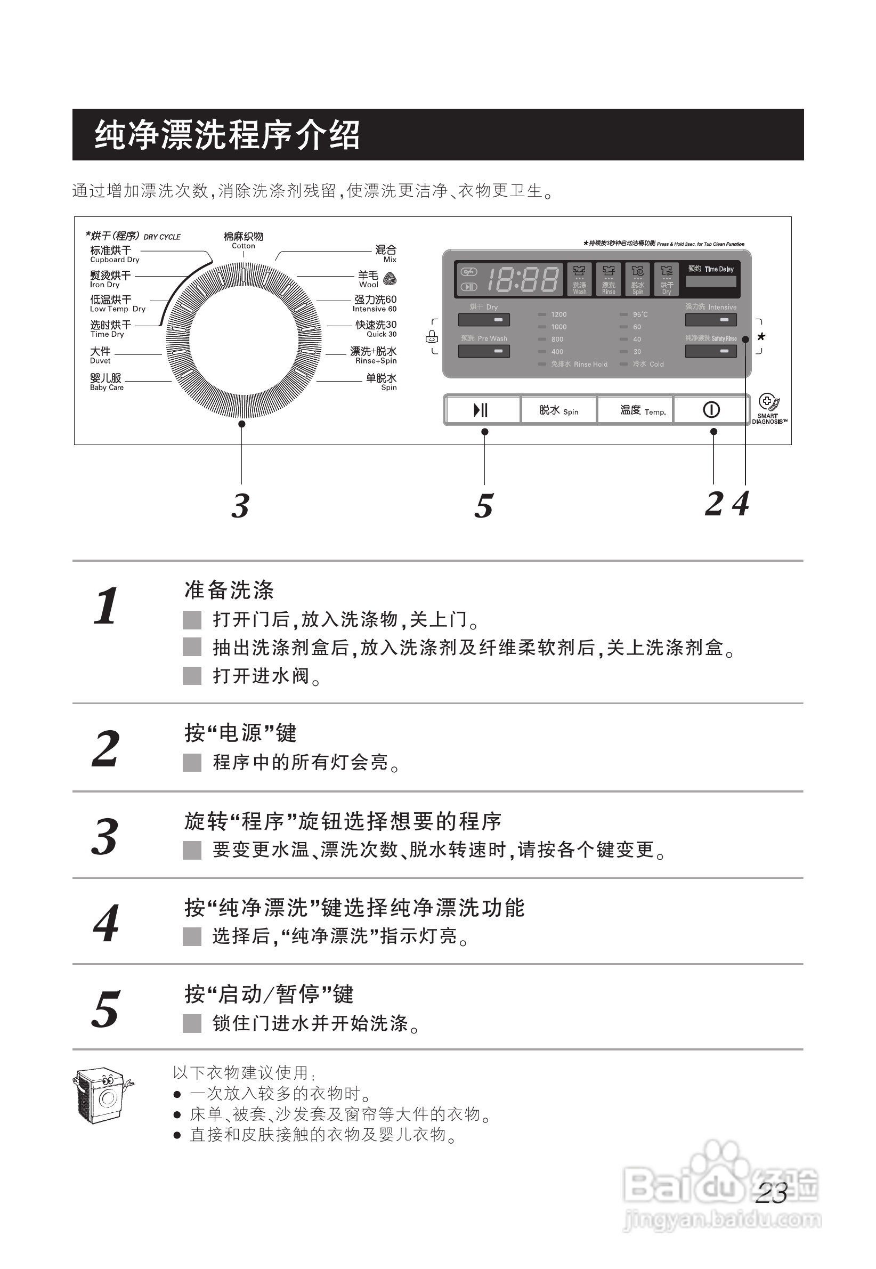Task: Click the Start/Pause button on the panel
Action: [482, 410]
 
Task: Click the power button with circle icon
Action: [711, 410]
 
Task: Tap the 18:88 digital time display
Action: [523, 279]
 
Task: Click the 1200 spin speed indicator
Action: [558, 314]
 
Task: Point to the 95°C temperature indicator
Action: [639, 314]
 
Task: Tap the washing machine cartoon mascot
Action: [102, 1097]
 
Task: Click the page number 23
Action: [771, 1193]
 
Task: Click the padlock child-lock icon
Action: [432, 337]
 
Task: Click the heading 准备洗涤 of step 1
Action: [229, 590]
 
